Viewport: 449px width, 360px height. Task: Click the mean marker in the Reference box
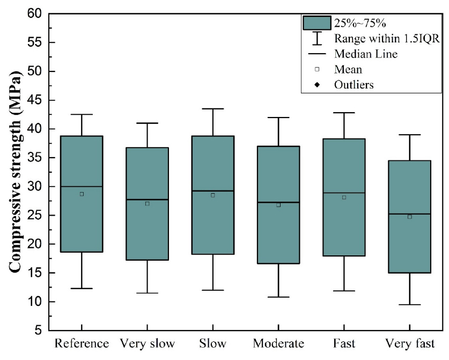(82, 194)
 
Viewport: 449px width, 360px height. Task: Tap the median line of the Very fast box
(409, 214)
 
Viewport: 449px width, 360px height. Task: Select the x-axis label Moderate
(278, 343)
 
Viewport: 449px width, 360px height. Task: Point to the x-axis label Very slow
(147, 343)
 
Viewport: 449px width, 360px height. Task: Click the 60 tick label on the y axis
(34, 13)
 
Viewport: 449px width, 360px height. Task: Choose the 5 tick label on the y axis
(38, 330)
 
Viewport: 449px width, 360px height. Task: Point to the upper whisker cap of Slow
(212, 109)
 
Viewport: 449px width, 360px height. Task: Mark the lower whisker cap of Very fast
(409, 305)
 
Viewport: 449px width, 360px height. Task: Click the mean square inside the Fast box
(344, 197)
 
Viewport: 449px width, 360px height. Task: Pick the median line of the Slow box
(212, 191)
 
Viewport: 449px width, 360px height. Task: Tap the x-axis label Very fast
(409, 343)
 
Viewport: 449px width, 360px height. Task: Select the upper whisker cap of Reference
(82, 114)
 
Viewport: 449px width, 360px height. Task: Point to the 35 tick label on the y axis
(34, 158)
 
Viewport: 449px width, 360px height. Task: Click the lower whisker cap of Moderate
(278, 297)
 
